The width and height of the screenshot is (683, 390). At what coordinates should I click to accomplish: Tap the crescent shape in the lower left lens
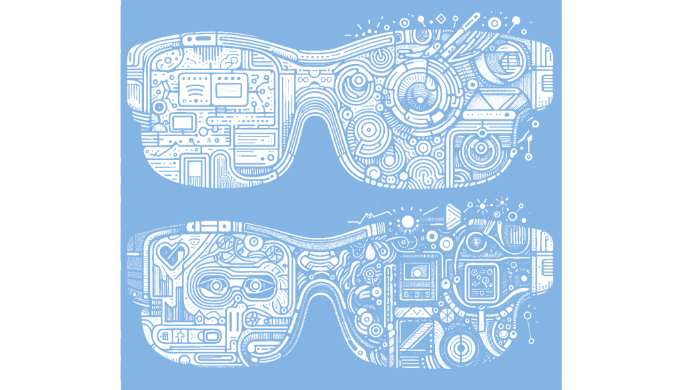pos(253,243)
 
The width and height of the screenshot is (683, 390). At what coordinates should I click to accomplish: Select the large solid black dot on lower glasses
pos(408,221)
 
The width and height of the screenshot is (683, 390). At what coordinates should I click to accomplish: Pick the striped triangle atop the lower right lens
pos(453,214)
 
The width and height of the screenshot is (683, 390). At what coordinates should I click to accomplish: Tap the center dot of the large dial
pos(421,99)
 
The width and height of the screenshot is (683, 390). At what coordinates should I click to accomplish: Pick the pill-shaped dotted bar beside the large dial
pos(492,115)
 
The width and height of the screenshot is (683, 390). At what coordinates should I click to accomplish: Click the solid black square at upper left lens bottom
pos(194,167)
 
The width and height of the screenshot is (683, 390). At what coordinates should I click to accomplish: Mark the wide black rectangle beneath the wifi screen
pos(182,123)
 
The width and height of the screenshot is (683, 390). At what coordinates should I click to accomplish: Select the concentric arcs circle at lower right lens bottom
pos(460,347)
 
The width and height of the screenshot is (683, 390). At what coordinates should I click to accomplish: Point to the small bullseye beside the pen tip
pos(494,23)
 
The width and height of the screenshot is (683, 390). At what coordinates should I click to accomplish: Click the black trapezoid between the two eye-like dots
pos(235,285)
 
